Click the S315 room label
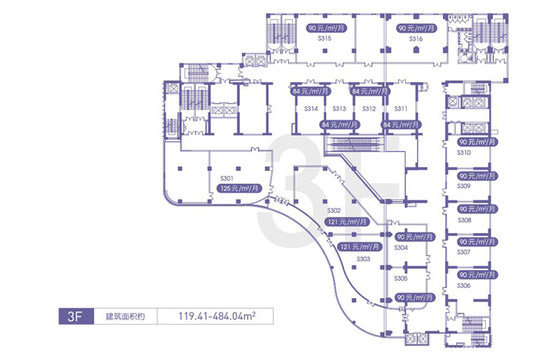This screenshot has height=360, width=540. (x=324, y=40)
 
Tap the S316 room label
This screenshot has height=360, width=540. (x=415, y=40)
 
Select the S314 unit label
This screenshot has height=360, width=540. (x=312, y=109)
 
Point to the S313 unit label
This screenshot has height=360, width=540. (x=340, y=109)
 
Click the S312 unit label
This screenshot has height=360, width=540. (x=369, y=109)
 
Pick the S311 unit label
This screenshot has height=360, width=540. (x=402, y=109)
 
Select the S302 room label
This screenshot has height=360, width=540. (x=333, y=211)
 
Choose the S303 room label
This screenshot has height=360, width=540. (x=363, y=258)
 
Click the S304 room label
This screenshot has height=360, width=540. (x=402, y=247)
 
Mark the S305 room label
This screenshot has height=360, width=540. (x=402, y=278)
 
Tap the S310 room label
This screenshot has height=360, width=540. (x=464, y=153)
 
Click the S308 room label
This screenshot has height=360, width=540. (x=464, y=220)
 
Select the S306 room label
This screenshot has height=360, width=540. (x=464, y=286)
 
